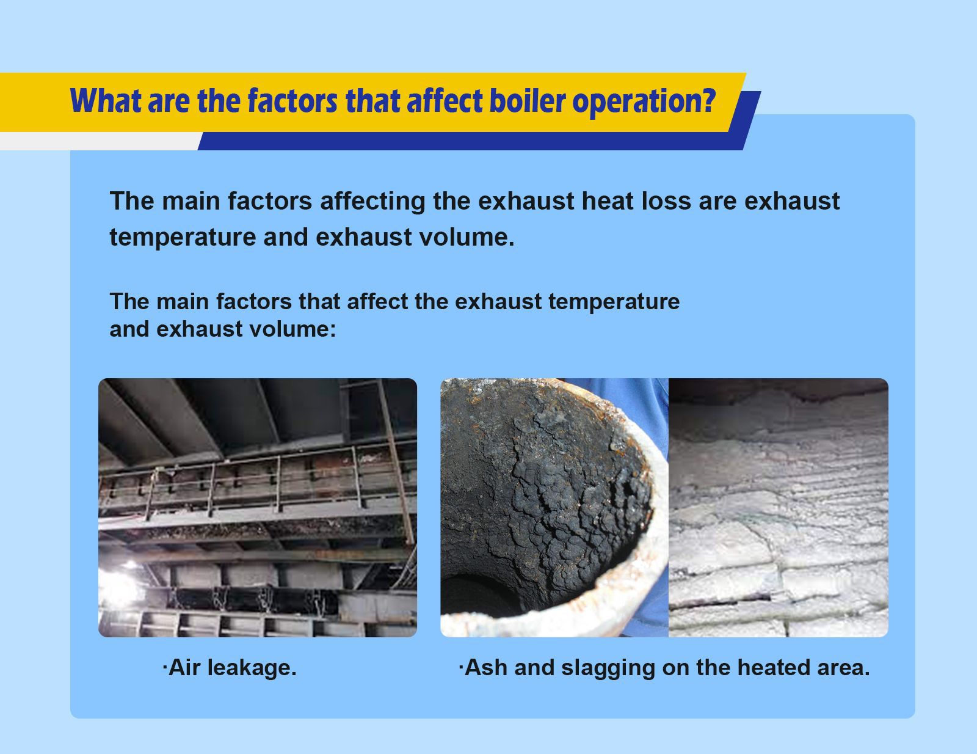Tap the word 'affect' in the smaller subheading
point(376,301)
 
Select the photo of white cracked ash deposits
point(779,507)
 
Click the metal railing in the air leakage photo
point(256,477)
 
